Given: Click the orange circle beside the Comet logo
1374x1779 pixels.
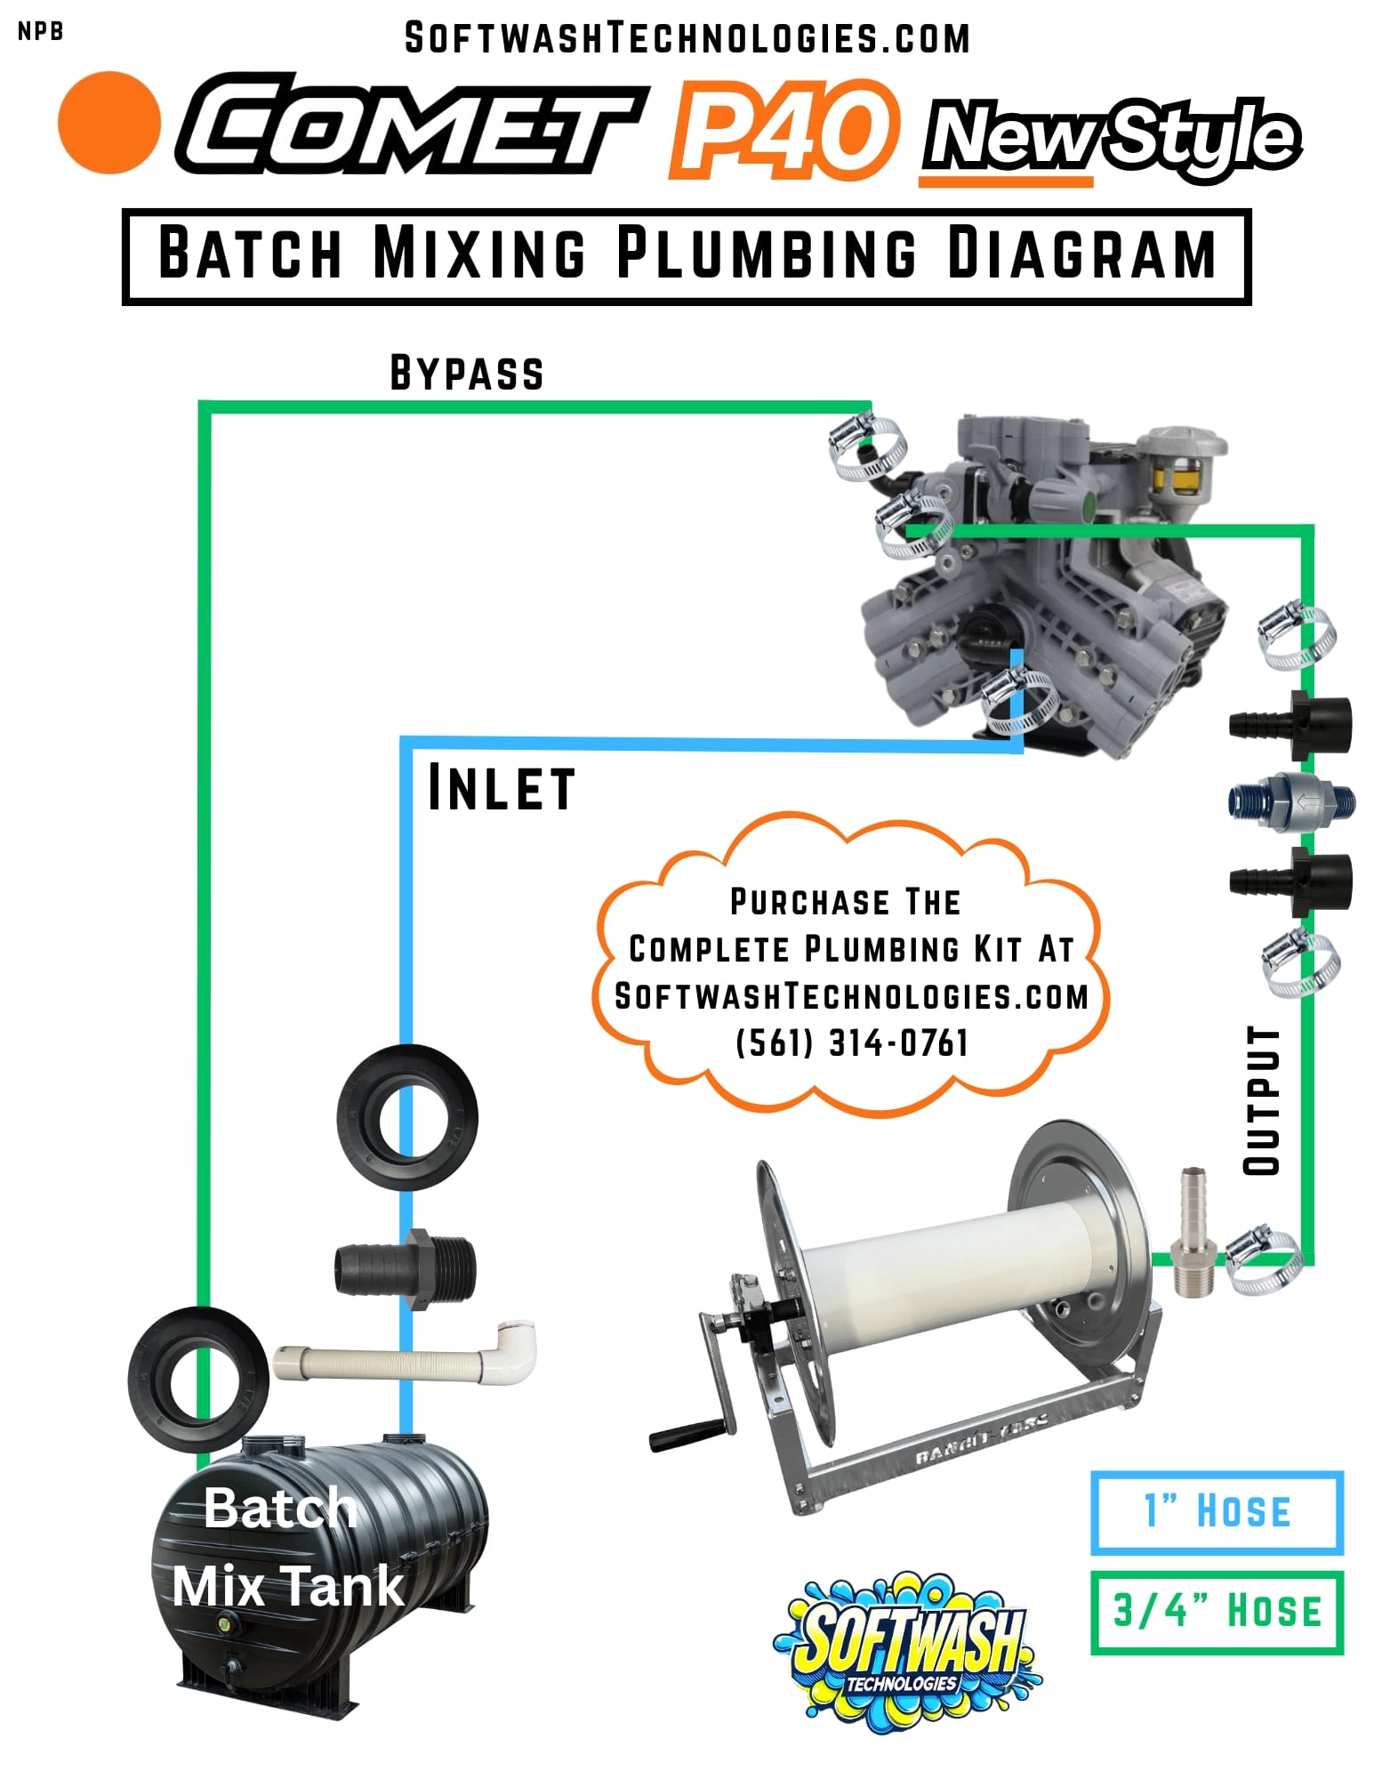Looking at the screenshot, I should [x=109, y=123].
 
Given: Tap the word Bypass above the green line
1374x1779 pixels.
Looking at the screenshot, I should [x=466, y=374].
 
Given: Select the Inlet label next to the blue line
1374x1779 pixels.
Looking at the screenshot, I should [x=501, y=788].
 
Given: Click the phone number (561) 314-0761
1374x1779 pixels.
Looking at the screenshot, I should [x=851, y=1042].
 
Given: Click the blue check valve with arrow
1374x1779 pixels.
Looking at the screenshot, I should [x=1292, y=801].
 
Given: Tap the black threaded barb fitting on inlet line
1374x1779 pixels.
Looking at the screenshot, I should [x=406, y=1267].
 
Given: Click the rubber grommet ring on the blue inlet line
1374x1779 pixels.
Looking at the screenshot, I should [x=407, y=1117].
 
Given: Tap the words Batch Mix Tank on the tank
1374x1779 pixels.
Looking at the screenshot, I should [x=285, y=1548].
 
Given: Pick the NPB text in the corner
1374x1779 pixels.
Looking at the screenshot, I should [x=41, y=32].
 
